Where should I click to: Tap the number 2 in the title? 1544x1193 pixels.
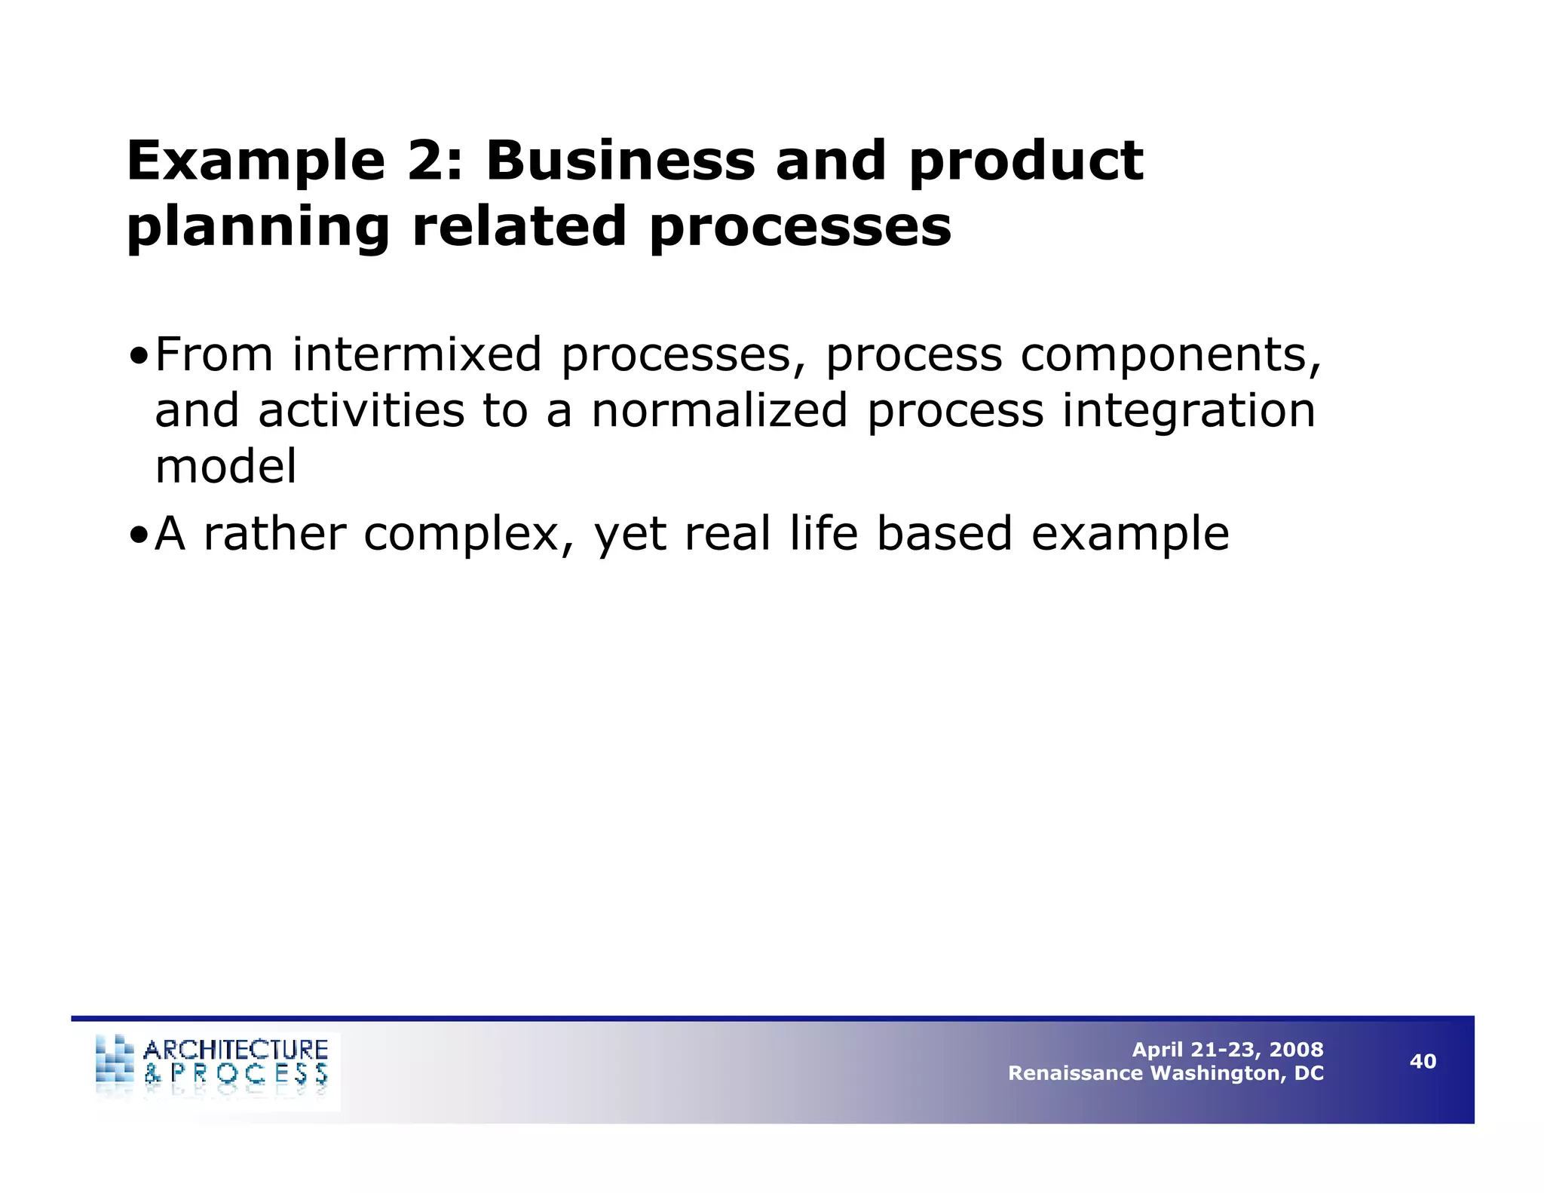[427, 161]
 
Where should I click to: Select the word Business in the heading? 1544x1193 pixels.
[620, 161]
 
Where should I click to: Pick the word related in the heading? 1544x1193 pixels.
[519, 226]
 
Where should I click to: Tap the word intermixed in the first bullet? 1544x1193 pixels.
[417, 354]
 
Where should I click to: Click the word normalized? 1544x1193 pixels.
[719, 411]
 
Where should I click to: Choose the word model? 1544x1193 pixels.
[225, 466]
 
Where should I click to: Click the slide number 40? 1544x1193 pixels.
[1423, 1062]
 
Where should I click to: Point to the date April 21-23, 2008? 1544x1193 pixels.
[1227, 1050]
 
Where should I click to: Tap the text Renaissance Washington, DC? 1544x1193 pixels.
[1166, 1073]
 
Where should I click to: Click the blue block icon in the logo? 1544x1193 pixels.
[115, 1060]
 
